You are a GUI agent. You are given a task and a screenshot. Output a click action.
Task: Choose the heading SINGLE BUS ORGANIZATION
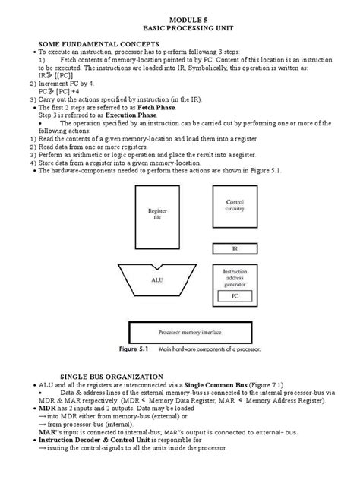99,377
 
